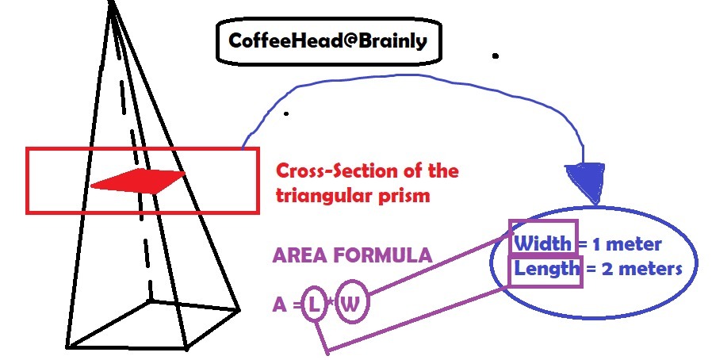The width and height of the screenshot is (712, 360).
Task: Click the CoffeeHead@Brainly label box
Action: [x=327, y=40]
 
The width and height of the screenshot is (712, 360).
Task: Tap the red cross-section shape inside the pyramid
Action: [x=139, y=181]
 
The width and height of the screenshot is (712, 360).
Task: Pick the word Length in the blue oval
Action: [x=546, y=268]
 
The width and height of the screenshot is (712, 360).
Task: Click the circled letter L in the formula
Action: [x=315, y=305]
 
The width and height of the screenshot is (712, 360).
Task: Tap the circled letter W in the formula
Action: [x=351, y=305]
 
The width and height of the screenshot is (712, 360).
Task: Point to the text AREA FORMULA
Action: [x=352, y=255]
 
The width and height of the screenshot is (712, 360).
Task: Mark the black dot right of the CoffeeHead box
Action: [x=496, y=56]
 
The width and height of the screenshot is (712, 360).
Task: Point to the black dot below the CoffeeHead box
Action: [x=285, y=113]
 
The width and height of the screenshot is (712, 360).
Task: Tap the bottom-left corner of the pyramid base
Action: [x=67, y=347]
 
